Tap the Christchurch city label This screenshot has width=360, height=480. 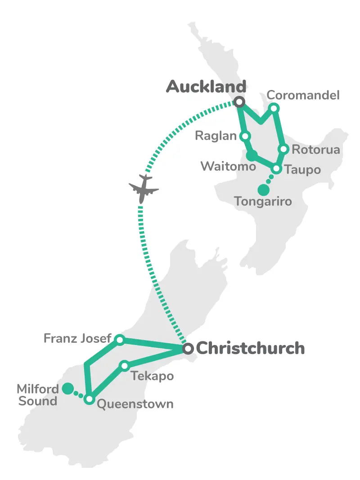250,348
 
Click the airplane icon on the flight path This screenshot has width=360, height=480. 144,188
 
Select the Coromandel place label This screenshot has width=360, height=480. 303,95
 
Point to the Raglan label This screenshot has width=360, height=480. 216,136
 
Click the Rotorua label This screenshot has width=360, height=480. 315,149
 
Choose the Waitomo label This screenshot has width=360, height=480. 228,166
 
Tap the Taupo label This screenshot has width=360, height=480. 302,170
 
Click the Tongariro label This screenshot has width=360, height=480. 263,201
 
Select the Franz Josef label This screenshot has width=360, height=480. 77,338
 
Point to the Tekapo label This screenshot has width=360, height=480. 152,376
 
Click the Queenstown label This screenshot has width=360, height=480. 135,404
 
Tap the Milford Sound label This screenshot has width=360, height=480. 38,394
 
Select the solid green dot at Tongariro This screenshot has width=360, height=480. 264,190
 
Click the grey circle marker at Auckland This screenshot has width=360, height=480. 239,102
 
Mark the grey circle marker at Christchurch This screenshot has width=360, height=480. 188,348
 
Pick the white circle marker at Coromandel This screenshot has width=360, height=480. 274,108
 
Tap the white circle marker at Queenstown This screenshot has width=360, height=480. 90,399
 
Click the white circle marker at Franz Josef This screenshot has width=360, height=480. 119,340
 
